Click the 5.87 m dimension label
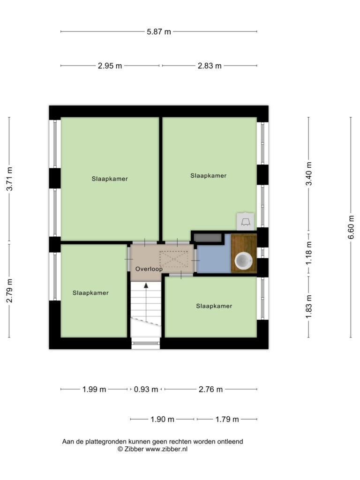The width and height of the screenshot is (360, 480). coord(159,31)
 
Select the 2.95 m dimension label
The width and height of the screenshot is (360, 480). coord(110,66)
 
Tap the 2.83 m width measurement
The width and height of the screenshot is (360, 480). coord(210,66)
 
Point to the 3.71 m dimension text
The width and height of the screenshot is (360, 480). coord(10,179)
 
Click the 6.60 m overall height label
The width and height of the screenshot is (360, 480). coord(351,227)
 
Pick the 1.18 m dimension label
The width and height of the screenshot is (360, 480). coord(309,253)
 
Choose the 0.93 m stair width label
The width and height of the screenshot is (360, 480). coord(146,390)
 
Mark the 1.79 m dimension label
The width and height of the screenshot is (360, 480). coord(227,420)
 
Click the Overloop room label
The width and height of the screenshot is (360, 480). coord(149,269)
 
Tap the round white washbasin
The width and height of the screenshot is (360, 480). coord(244,260)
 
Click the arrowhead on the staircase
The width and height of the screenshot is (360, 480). coord(146,285)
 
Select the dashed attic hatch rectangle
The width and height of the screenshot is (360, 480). coord(173,259)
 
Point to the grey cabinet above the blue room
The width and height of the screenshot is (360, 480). coord(208,238)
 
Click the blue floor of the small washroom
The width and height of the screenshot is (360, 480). coord(214,258)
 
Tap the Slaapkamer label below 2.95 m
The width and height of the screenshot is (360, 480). coord(110,179)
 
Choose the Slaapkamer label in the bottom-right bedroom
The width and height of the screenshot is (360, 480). coord(214,306)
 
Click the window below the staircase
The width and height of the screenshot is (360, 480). coord(146,344)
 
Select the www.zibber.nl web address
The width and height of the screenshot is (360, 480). coord(166,449)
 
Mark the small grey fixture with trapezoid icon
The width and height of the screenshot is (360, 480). coord(246,222)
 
